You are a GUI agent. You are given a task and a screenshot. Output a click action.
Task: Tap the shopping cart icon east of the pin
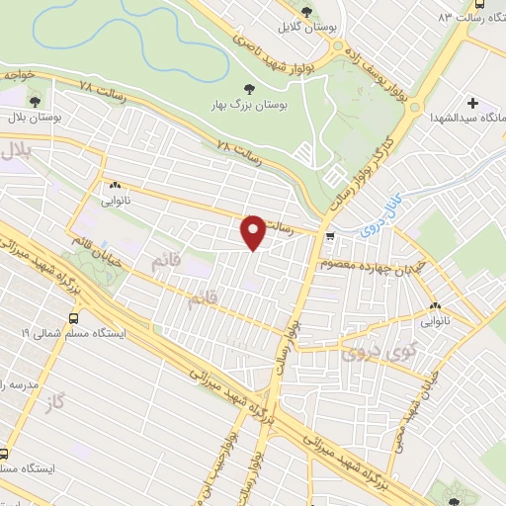point(329,236)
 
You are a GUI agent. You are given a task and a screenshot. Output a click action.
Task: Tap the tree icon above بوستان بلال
point(35,100)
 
